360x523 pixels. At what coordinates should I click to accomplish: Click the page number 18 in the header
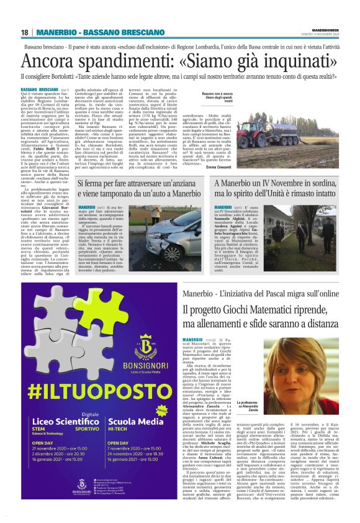(24, 32)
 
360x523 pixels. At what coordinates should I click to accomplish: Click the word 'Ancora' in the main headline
(45, 61)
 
